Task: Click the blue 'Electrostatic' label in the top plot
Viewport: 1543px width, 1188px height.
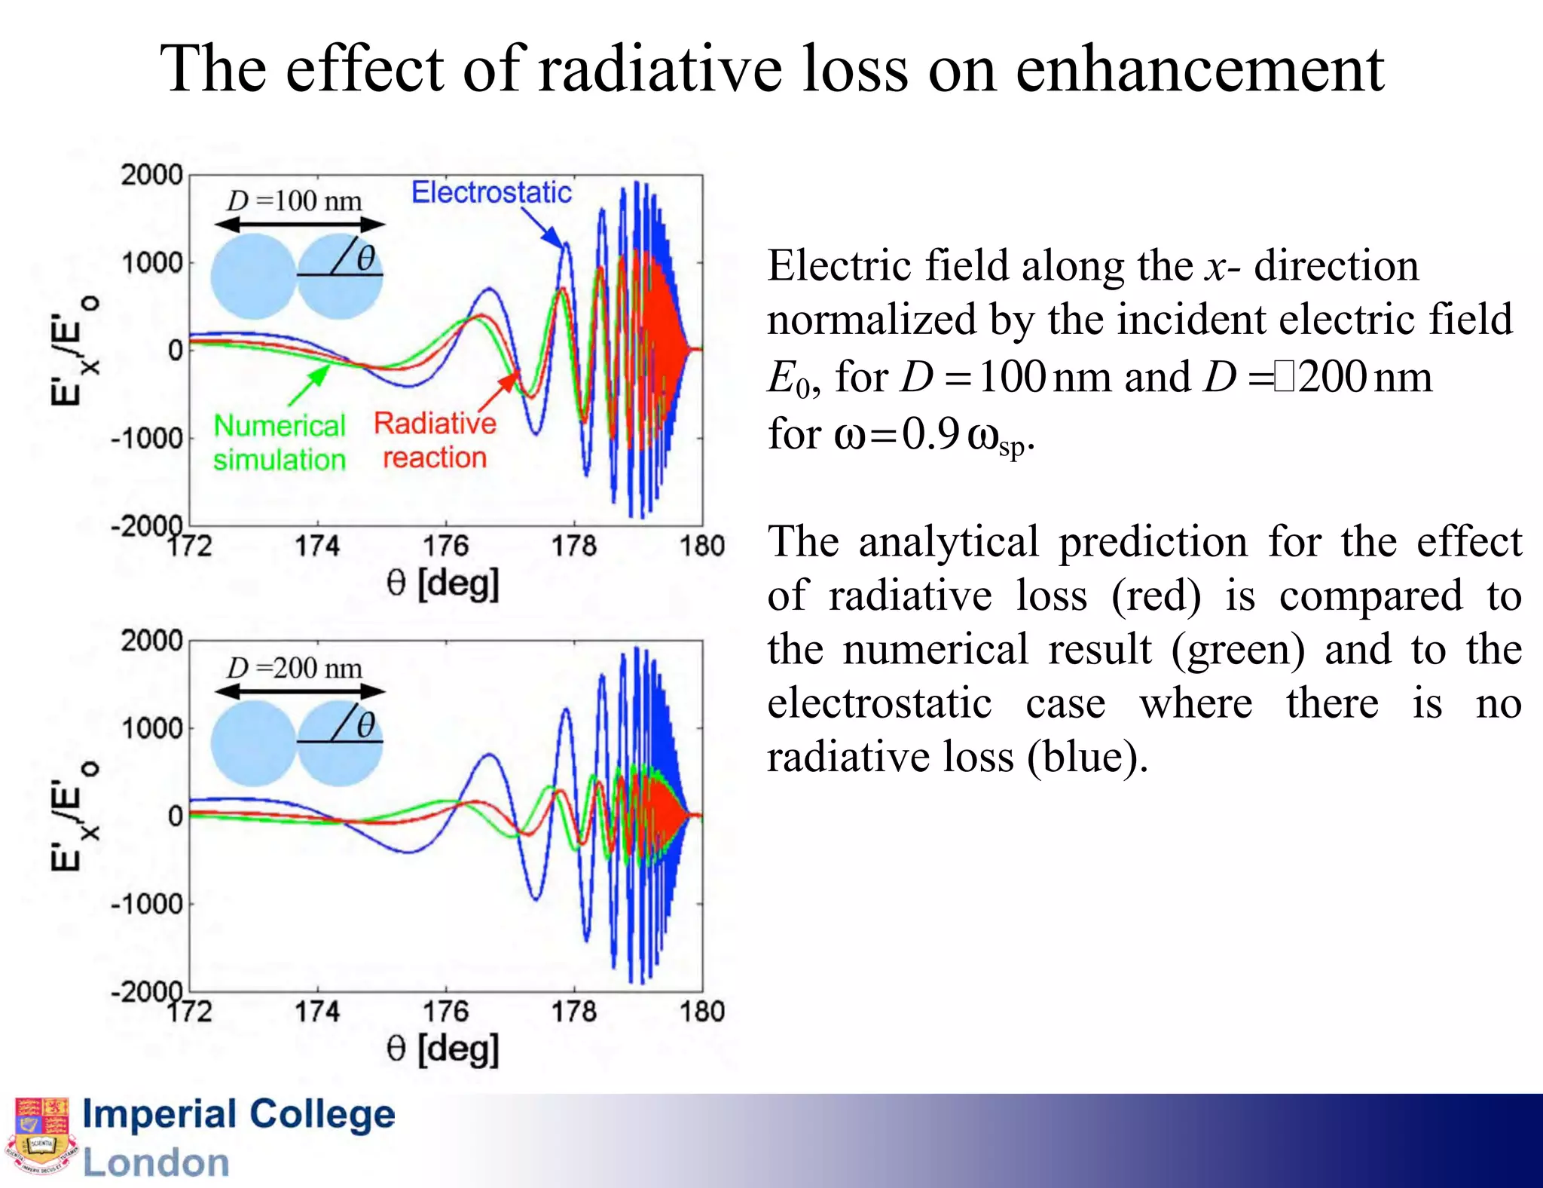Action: [491, 193]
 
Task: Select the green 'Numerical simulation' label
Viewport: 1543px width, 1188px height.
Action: [280, 442]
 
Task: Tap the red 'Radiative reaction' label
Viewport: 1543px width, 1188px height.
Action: [435, 440]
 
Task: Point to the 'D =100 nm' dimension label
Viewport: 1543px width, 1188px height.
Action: [295, 201]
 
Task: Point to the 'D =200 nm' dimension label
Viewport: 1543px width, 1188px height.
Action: [295, 668]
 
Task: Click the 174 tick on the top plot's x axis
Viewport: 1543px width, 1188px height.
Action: [317, 546]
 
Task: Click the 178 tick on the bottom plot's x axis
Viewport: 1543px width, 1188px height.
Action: [574, 1012]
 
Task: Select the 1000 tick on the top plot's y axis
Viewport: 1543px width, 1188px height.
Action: [152, 263]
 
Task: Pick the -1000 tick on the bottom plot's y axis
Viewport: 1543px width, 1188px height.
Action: [147, 904]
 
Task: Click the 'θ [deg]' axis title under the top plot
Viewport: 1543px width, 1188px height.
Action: [443, 583]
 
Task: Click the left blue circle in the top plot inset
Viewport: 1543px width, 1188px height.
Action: [253, 276]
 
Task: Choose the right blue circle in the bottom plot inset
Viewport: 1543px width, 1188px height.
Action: [340, 743]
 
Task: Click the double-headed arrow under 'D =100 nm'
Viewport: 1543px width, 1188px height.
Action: [300, 225]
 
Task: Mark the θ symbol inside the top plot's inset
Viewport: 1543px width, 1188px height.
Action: [365, 259]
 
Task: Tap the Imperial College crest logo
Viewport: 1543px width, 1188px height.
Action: [42, 1137]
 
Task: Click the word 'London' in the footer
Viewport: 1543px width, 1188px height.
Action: [156, 1162]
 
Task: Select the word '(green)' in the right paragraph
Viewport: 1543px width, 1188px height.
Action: [1238, 650]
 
